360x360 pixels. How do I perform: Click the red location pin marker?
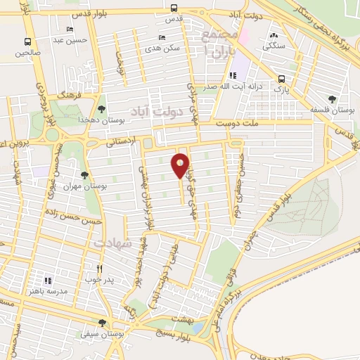[181, 165]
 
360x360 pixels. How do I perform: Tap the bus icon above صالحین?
[27, 41]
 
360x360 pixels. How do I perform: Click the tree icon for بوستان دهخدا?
[102, 108]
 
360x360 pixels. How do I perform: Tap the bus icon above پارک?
[281, 79]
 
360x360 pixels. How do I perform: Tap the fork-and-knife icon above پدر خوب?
[100, 269]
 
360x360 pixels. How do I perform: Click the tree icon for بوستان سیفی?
[102, 323]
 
